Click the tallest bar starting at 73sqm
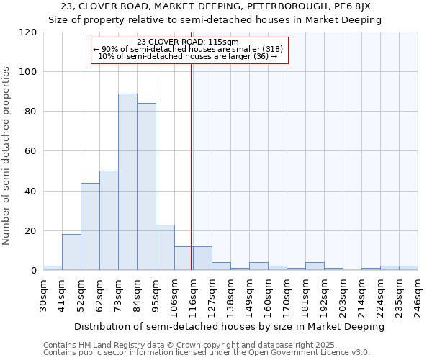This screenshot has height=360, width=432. [127, 182]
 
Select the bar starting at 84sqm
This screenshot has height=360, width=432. [146, 186]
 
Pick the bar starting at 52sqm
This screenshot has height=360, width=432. [90, 226]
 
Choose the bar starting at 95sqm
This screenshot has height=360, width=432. [165, 248]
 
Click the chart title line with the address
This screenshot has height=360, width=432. [215, 6]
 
